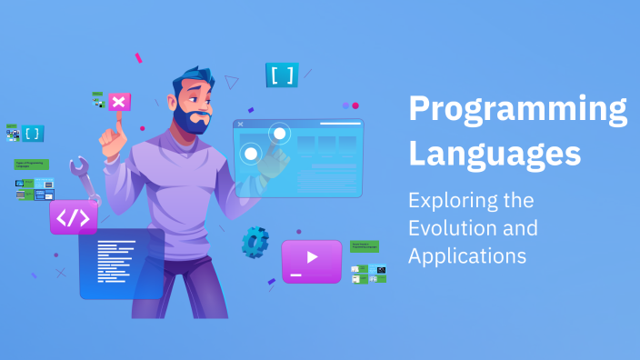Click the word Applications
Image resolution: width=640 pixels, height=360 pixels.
467,256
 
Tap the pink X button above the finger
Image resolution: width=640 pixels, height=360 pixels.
119,102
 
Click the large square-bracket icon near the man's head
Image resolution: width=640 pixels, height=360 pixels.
282,75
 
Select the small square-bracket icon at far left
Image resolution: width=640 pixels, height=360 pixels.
33,134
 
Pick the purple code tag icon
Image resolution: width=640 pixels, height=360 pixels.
74,218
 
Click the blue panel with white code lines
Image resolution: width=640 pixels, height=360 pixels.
121,264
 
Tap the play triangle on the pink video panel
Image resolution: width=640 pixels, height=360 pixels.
312,257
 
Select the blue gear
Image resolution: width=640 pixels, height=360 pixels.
255,241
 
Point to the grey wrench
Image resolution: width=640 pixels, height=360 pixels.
84,176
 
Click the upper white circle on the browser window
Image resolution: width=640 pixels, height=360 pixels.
279,135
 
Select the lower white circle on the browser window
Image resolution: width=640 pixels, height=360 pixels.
250,154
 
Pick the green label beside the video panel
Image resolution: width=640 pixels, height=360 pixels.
365,246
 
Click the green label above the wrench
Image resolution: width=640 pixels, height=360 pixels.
31,165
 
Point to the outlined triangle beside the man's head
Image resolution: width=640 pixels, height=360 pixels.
232,83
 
